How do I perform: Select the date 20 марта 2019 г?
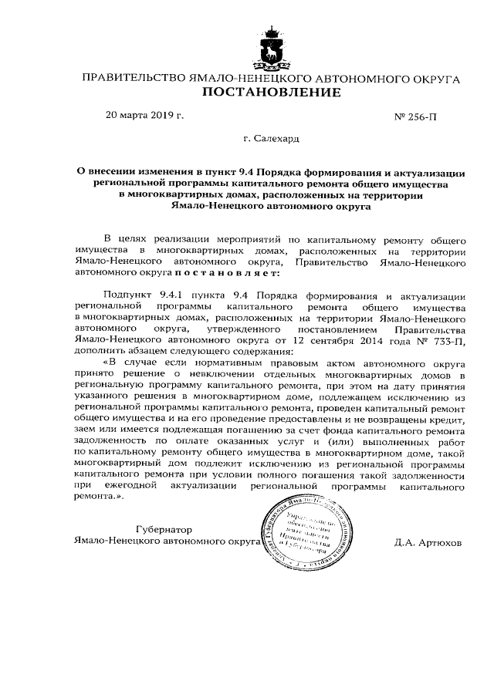pos(145,116)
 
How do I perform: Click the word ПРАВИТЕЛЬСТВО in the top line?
pos(132,79)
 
